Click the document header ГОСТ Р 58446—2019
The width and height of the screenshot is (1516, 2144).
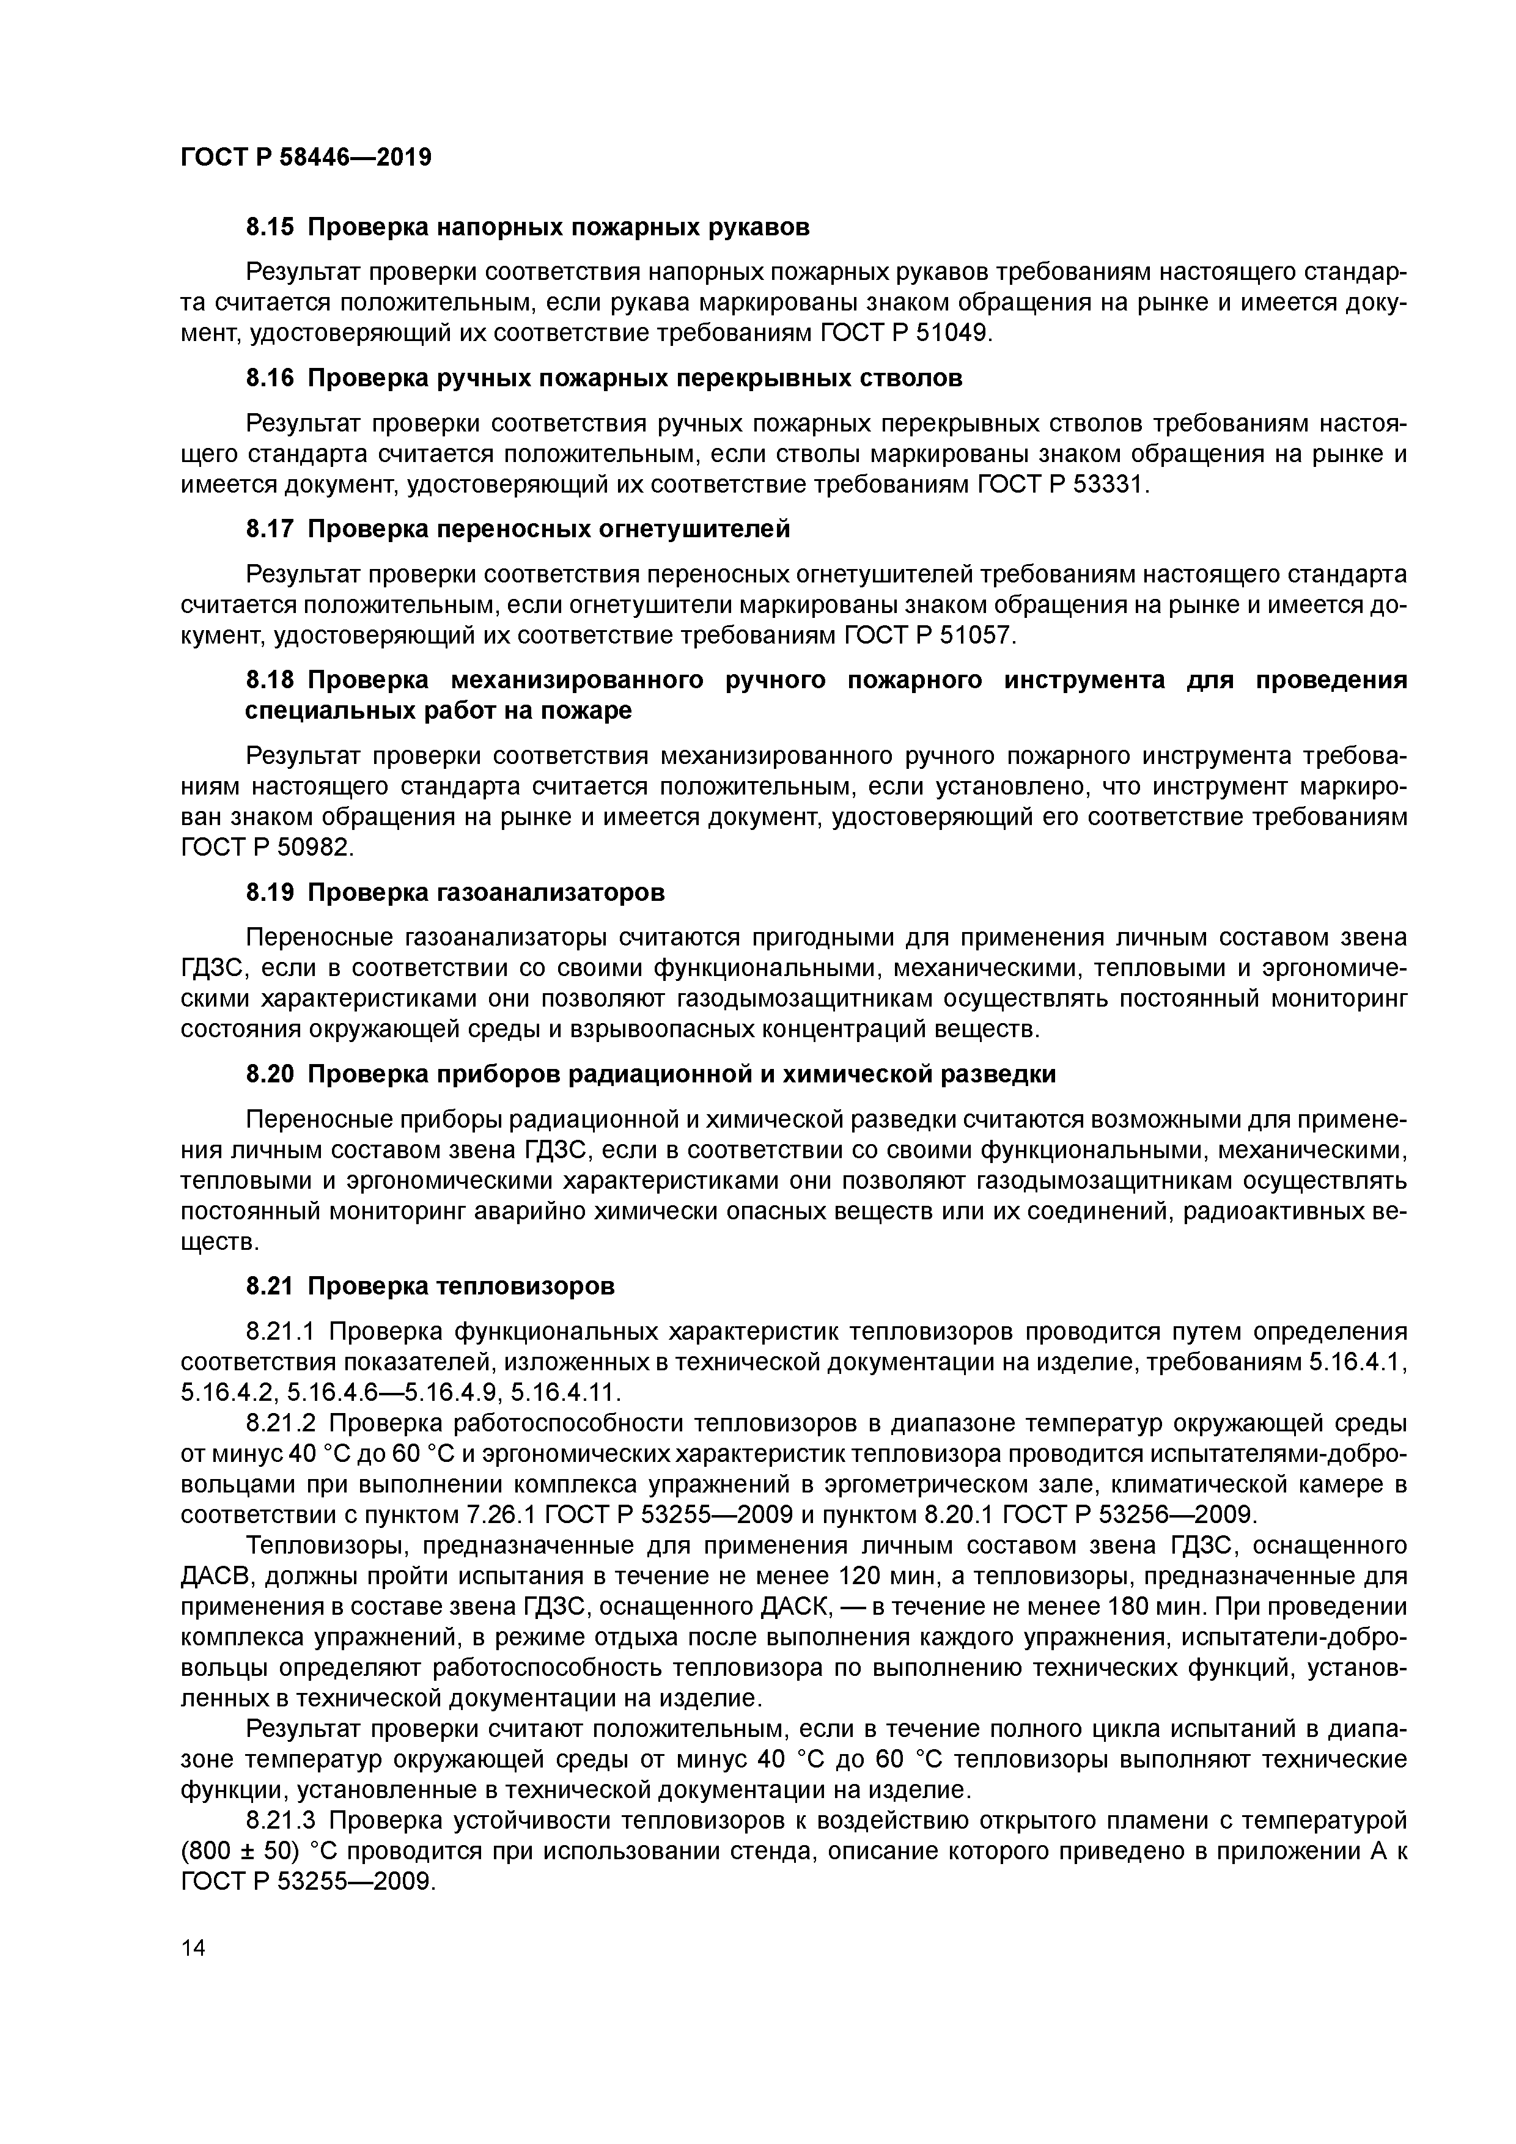[x=306, y=157]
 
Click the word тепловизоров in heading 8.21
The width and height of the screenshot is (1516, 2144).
[x=527, y=1286]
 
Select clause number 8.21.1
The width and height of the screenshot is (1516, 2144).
[x=283, y=1331]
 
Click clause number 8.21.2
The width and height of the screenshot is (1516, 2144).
[x=283, y=1423]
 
